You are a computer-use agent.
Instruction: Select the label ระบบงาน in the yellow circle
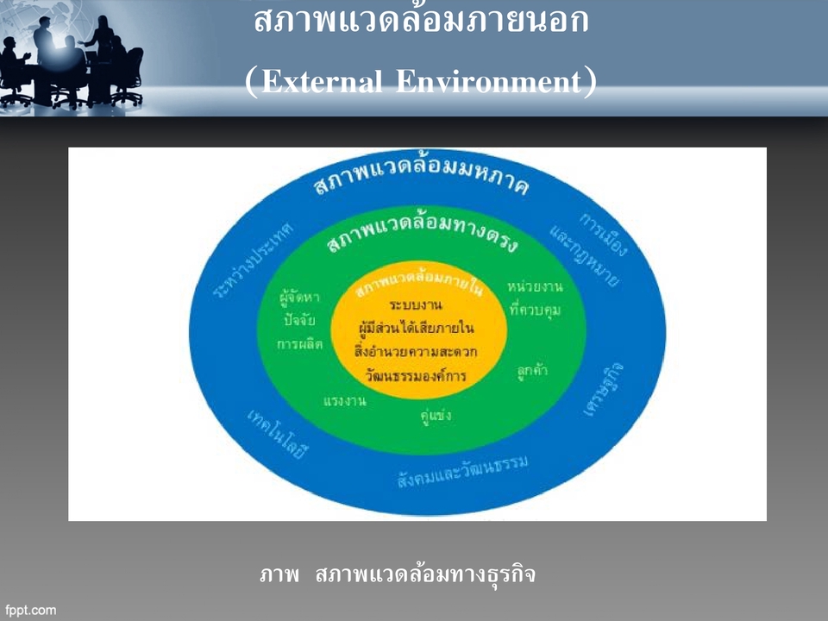(x=417, y=305)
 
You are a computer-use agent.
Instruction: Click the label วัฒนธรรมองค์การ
(x=416, y=376)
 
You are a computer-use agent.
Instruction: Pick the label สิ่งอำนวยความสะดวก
(x=416, y=352)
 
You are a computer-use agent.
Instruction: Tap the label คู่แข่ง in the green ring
(x=436, y=416)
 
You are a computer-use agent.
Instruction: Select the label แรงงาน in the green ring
(x=345, y=402)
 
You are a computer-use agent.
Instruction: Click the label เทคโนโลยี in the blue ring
(x=277, y=436)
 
